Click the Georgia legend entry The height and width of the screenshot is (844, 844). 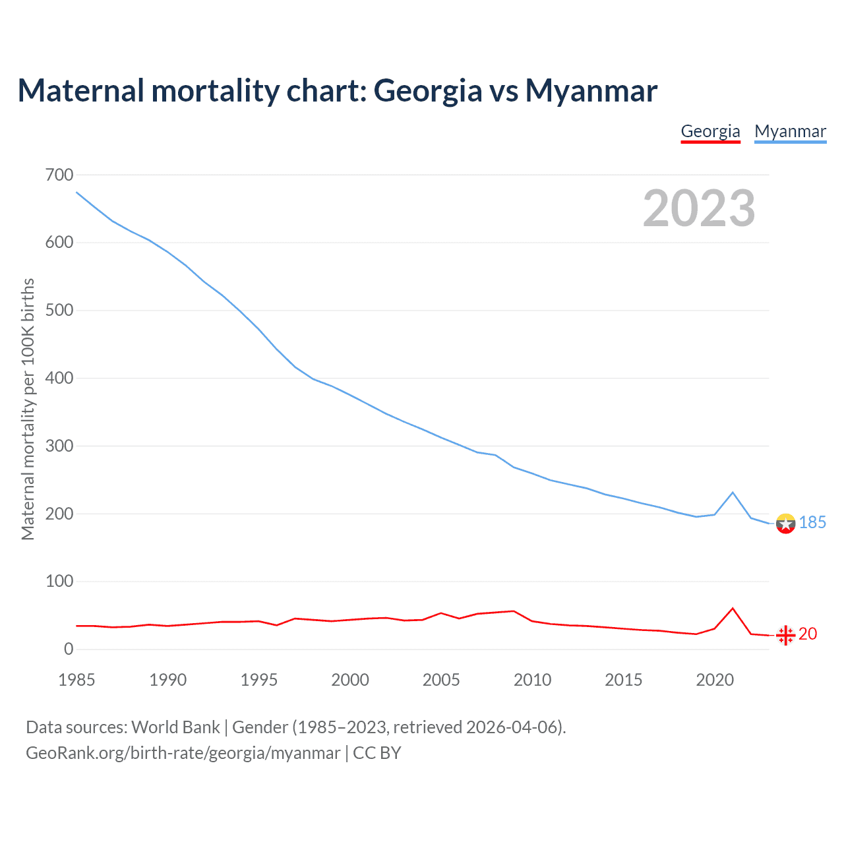coord(710,131)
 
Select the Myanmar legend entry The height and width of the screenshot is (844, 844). coord(790,131)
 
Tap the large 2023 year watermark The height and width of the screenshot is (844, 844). coord(699,208)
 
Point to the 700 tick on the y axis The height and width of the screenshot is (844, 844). coord(59,175)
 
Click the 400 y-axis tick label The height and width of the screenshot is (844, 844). coord(59,378)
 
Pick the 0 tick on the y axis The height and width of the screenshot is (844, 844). coord(69,649)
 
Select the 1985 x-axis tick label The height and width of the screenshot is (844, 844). coord(76,680)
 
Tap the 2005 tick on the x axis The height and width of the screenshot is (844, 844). coord(441,680)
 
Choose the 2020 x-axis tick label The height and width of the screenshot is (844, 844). coord(715,680)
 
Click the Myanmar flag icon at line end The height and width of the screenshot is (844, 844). coord(785,524)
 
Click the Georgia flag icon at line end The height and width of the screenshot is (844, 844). coord(785,635)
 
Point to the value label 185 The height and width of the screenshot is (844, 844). coord(812,523)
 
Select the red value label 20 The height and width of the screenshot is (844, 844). coord(808,634)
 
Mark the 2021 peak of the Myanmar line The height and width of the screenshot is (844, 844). coord(733,493)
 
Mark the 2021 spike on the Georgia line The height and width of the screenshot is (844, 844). coord(733,608)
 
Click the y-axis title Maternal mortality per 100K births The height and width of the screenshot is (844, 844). coord(28,409)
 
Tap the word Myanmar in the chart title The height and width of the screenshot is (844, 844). coord(591,90)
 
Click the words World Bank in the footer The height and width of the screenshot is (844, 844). coord(175,727)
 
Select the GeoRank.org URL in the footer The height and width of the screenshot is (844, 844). coord(183,753)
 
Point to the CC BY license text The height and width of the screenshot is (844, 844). coord(377,753)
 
